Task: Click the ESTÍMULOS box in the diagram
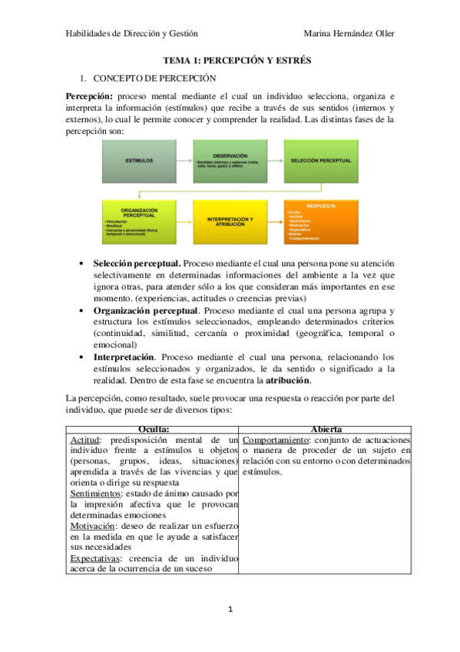click(x=138, y=160)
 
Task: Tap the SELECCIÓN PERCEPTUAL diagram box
click(x=320, y=160)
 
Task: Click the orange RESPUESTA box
click(x=320, y=221)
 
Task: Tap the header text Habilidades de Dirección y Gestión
click(x=131, y=34)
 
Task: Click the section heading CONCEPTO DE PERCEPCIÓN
click(x=154, y=78)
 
